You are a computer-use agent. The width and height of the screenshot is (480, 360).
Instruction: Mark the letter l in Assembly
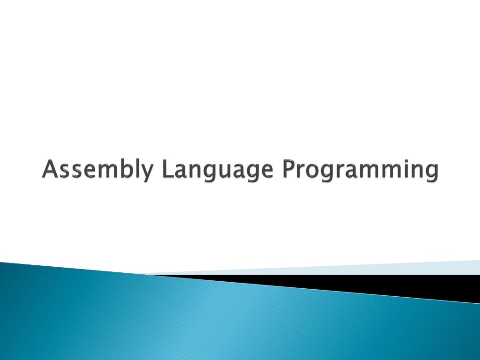[x=136, y=169]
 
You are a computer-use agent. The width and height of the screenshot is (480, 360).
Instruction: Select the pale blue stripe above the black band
[x=375, y=268]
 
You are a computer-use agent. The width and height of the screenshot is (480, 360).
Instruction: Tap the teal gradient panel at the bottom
[x=187, y=323]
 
